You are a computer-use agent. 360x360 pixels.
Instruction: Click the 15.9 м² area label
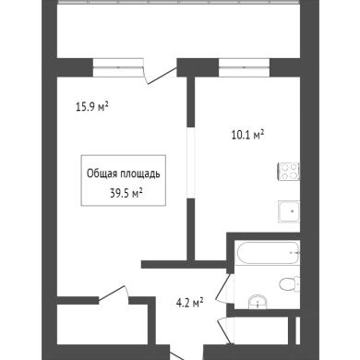point(92,107)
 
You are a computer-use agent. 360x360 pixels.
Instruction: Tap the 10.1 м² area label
point(248,135)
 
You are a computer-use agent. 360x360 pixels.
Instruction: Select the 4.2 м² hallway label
point(189,304)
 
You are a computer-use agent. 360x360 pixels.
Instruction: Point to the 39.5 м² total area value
point(126,194)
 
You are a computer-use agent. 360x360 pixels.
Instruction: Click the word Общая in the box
point(102,174)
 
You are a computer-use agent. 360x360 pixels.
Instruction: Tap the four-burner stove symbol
point(289,172)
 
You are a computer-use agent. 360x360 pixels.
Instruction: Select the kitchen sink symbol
point(289,211)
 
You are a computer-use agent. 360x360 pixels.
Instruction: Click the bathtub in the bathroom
point(268,253)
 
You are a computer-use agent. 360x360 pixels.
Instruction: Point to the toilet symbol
point(290,283)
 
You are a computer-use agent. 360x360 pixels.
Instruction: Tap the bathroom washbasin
point(258,302)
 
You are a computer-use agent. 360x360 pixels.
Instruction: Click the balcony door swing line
point(161,76)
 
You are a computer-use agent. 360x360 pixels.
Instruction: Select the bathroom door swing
point(222,288)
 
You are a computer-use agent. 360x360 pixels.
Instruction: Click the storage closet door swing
point(114,293)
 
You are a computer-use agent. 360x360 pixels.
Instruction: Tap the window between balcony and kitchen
point(245,67)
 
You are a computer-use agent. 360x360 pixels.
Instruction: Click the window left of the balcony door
point(118,67)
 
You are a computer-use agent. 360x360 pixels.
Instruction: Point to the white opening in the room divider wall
point(191,162)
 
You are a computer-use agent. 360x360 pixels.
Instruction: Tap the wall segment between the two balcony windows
point(198,67)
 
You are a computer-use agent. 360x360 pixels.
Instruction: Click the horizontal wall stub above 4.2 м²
point(184,264)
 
